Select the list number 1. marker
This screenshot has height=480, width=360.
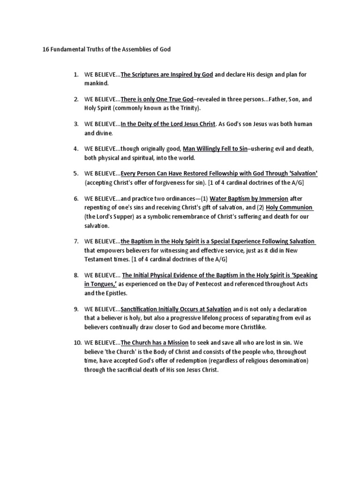coord(75,75)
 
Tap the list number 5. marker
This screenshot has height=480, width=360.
coord(75,173)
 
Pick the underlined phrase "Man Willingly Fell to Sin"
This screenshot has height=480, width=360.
coord(215,149)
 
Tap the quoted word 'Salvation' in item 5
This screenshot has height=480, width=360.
coord(303,173)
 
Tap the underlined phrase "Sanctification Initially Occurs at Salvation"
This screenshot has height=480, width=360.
coord(176,309)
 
